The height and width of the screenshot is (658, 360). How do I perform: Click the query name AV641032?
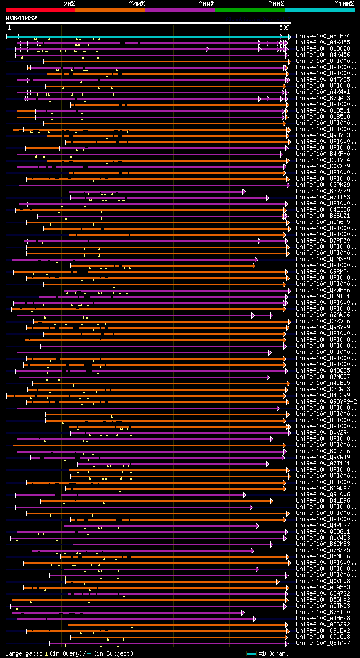click(x=21, y=18)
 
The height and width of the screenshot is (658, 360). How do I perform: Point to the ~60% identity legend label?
click(x=206, y=4)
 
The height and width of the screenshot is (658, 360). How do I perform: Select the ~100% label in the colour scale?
click(x=344, y=4)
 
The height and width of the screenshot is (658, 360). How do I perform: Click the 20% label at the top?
click(x=69, y=4)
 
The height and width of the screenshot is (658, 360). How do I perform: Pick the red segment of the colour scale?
click(x=40, y=10)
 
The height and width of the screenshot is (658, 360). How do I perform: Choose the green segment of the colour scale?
click(x=249, y=10)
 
